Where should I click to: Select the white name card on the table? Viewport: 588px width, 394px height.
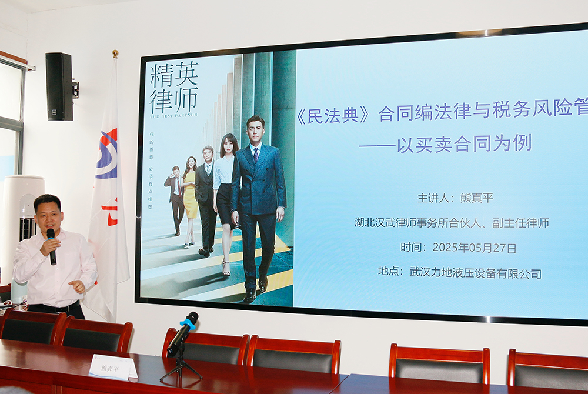(112, 368)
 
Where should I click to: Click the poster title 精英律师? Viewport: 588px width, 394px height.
(174, 88)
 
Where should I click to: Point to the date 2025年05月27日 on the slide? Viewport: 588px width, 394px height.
(475, 248)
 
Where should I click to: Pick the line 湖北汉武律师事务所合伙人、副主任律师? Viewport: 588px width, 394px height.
(452, 223)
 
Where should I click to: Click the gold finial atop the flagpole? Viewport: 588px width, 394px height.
(115, 54)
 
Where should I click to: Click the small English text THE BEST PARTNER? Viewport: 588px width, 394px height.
(174, 115)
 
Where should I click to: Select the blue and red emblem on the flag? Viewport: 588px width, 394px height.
(107, 154)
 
